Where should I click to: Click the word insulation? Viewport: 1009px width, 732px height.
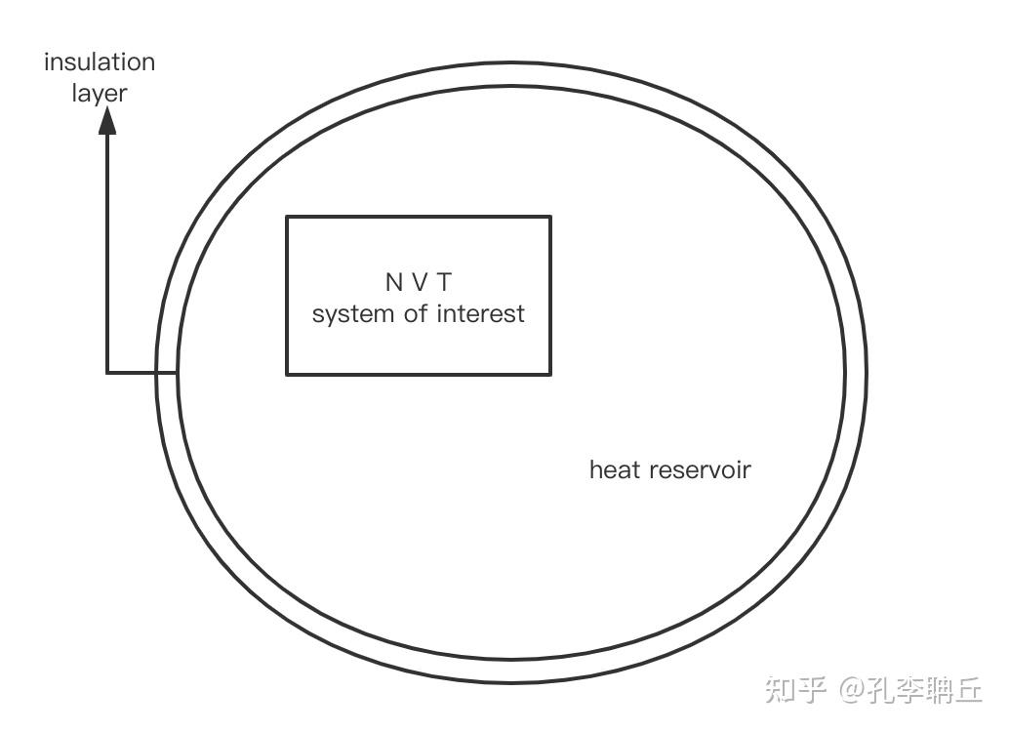point(100,62)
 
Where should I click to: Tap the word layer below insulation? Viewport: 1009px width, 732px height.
point(100,95)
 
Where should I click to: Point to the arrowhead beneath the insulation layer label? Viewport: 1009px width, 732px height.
point(108,120)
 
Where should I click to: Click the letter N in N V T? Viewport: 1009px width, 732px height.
point(393,283)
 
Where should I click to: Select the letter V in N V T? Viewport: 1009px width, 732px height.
point(420,283)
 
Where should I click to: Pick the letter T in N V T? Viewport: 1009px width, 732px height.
point(444,283)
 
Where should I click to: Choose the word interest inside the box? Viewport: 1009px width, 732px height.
point(480,314)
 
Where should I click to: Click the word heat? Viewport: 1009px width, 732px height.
point(615,470)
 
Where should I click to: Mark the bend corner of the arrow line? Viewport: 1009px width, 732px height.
point(107,372)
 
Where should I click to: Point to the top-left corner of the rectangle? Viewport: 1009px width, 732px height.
point(287,217)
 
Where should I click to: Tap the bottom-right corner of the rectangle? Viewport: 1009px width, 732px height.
point(550,374)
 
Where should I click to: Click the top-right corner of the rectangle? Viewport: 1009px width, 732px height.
point(550,217)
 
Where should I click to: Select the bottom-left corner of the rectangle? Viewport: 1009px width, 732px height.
point(287,374)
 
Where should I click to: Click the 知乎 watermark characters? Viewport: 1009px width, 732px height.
point(796,690)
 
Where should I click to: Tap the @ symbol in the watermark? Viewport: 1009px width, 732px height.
point(851,691)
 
